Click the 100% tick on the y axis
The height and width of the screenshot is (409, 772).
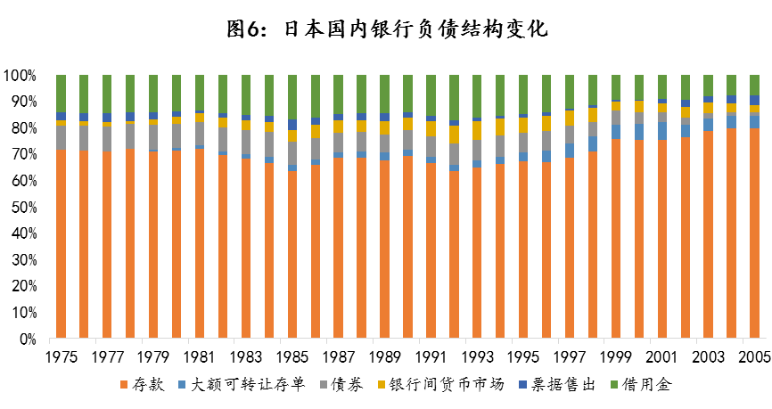20,75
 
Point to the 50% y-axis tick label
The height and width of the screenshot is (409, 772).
23,208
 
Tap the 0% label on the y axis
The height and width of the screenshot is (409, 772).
27,339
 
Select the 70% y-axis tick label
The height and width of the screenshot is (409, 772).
23,154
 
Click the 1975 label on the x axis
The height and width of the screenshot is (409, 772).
61,357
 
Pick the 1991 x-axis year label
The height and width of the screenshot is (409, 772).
430,357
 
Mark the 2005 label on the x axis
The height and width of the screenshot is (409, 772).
753,357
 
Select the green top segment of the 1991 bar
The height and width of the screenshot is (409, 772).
431,94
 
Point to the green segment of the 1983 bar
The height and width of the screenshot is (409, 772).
246,94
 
